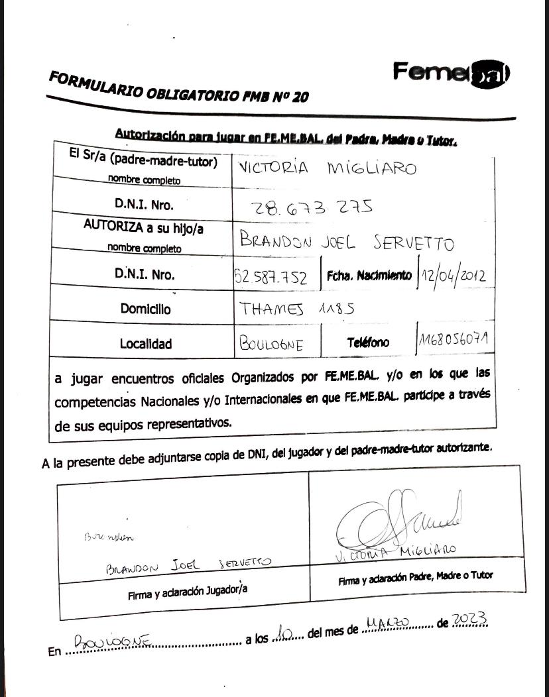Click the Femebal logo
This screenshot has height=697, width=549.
[450, 72]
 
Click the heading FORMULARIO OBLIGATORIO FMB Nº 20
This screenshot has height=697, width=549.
[178, 87]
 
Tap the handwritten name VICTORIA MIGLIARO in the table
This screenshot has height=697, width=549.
[327, 168]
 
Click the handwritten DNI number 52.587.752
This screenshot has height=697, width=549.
[271, 277]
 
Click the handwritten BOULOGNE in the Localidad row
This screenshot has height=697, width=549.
[271, 345]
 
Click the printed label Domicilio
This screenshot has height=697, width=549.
[145, 309]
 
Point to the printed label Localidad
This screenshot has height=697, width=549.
[145, 344]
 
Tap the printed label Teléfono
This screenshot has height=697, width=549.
[368, 343]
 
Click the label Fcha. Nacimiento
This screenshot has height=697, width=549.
[368, 275]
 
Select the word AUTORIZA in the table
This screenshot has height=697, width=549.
[112, 225]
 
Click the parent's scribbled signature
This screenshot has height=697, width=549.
[392, 524]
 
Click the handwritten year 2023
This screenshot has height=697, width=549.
[469, 620]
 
